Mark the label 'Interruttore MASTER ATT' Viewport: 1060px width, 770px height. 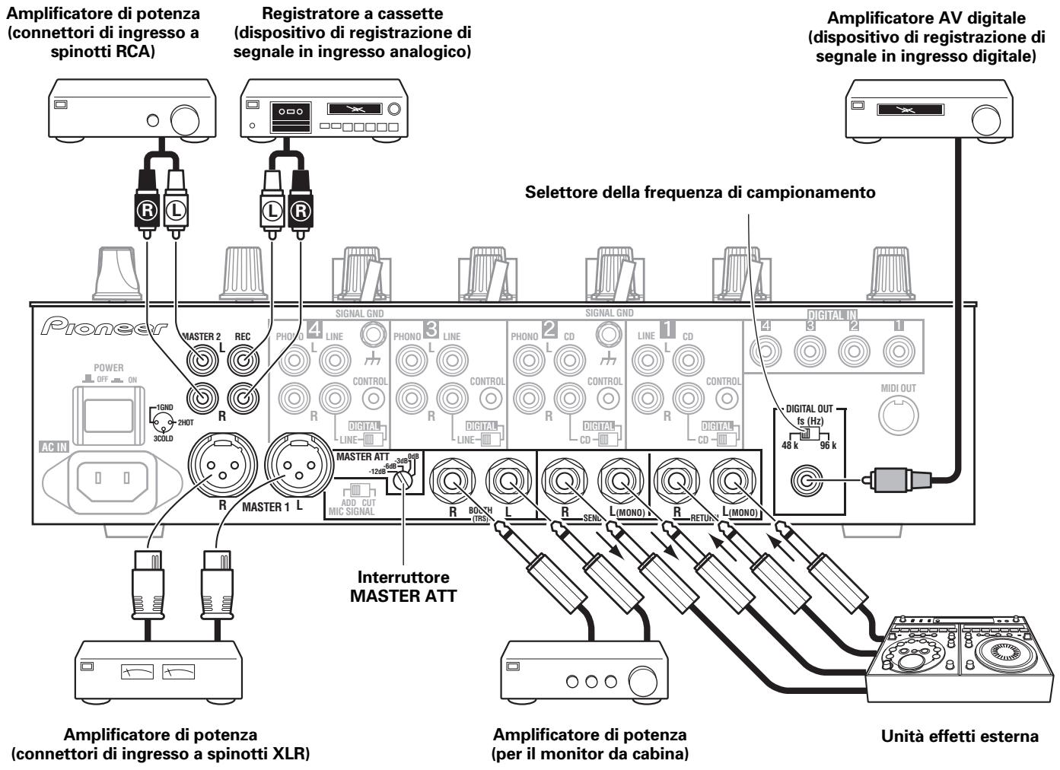point(403,587)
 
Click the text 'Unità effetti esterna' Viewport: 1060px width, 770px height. point(959,737)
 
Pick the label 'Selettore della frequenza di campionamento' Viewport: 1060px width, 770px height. point(700,192)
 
